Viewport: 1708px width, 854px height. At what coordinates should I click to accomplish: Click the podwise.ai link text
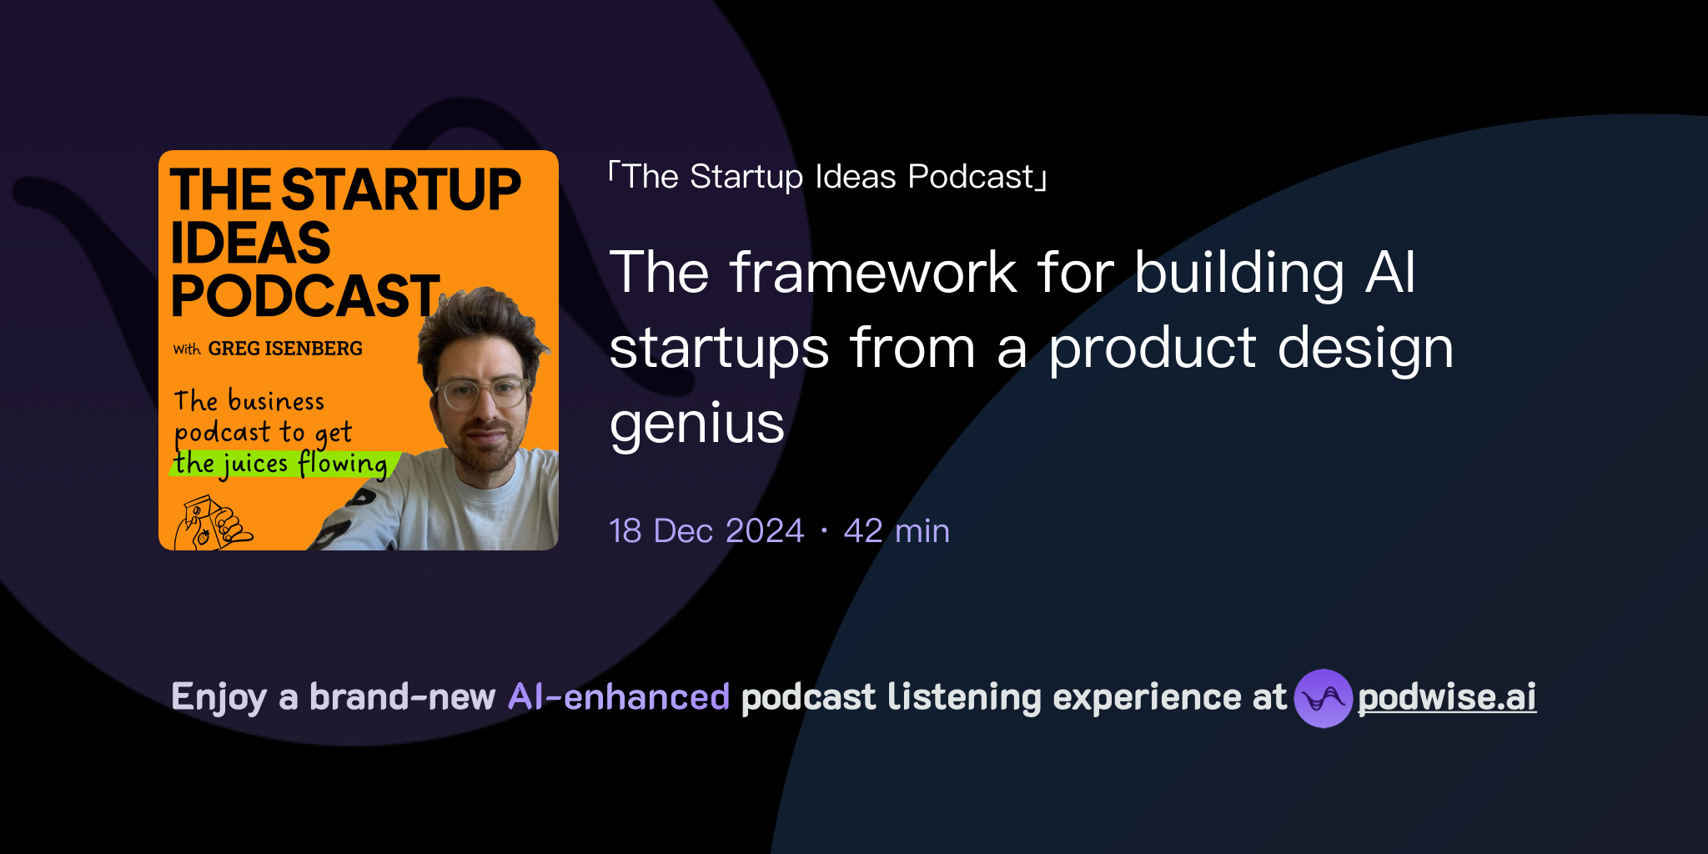[1447, 697]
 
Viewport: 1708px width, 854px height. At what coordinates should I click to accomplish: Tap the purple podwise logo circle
[1323, 698]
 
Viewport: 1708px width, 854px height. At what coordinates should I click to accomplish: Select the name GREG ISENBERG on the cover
[285, 349]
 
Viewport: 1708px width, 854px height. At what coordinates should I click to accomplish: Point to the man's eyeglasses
[483, 392]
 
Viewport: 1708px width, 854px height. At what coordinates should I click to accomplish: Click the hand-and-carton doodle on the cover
[210, 525]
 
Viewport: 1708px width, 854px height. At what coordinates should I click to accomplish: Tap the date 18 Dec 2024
[706, 531]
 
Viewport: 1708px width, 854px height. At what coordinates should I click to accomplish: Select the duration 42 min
[897, 531]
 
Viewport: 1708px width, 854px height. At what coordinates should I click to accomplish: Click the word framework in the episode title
[872, 273]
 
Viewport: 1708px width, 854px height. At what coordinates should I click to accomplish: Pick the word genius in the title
[697, 424]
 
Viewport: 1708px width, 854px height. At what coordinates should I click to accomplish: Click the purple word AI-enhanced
[619, 697]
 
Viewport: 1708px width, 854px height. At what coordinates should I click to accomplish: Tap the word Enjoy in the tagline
[219, 697]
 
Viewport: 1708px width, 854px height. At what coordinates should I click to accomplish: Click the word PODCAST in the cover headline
[305, 296]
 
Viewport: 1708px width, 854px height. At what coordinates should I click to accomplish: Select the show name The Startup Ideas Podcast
[828, 177]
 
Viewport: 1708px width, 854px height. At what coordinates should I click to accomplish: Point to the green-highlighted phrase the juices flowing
[281, 464]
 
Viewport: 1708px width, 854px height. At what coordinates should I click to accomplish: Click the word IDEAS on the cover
[250, 244]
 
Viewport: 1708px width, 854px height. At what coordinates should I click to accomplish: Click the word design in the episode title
[1365, 349]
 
